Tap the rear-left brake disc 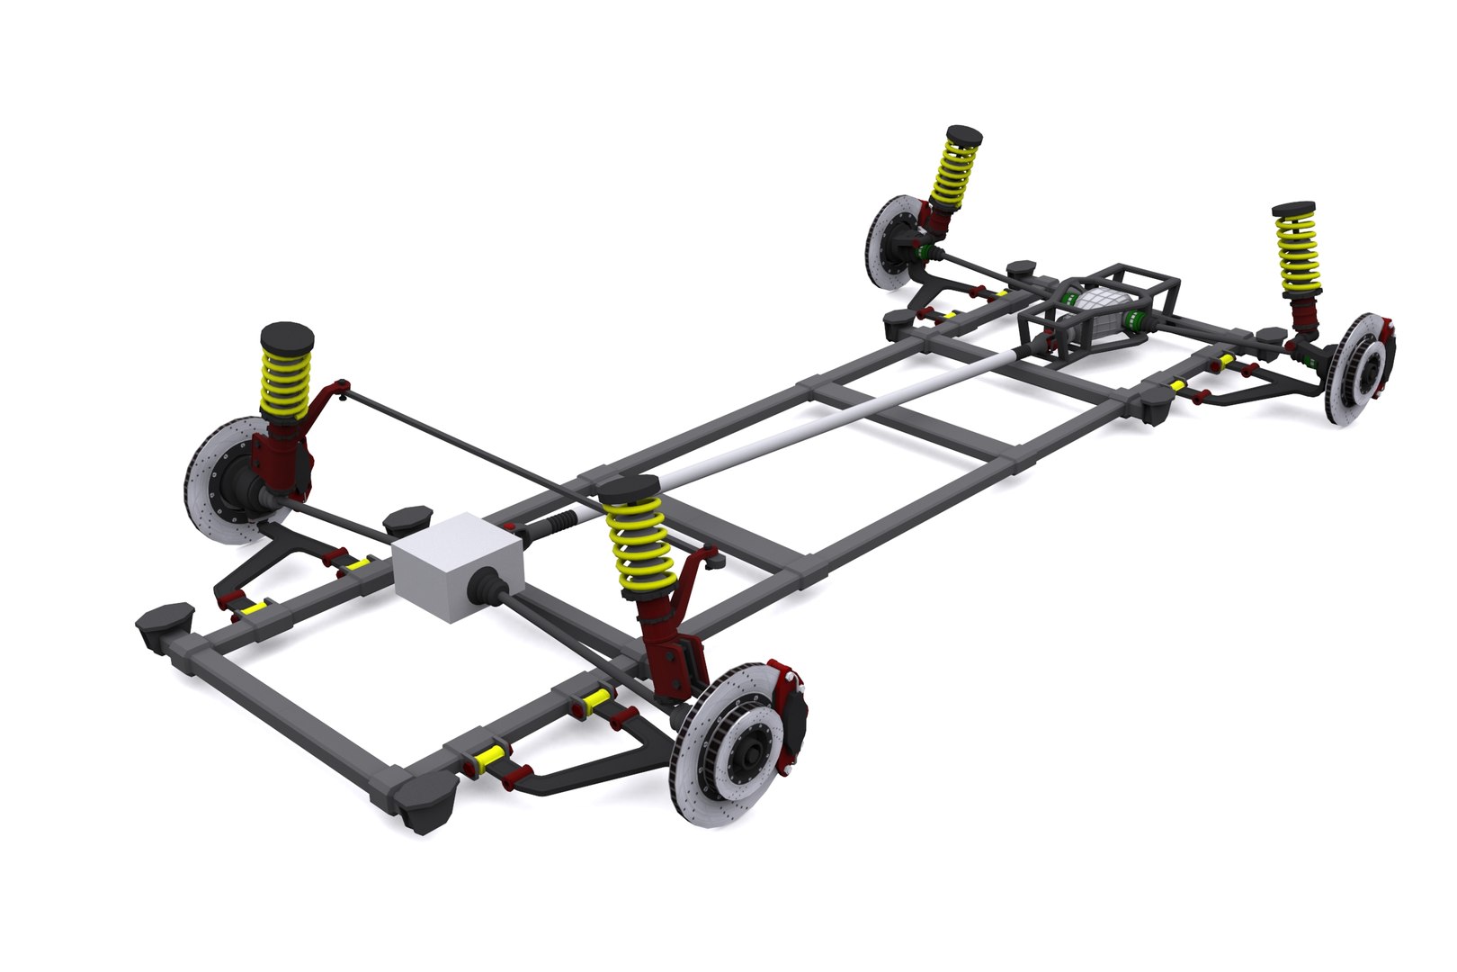click(x=890, y=243)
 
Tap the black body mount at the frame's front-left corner click(x=165, y=621)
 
